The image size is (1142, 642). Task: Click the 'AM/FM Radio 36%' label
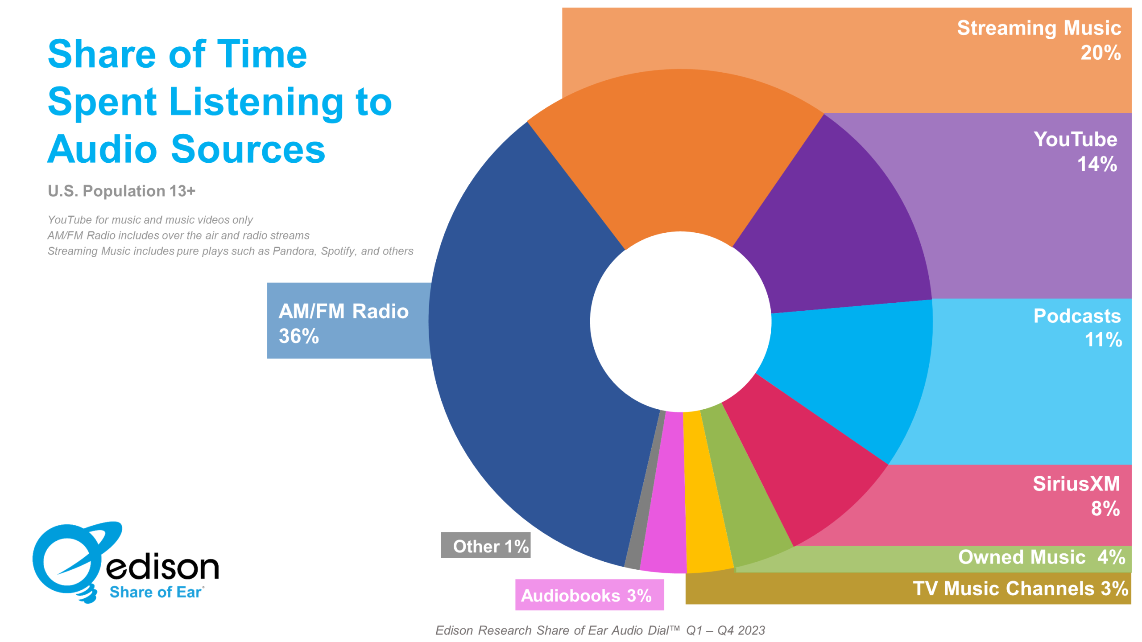(x=343, y=323)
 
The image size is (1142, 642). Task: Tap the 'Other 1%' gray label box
(x=485, y=545)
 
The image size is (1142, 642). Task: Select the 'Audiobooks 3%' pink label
(x=589, y=595)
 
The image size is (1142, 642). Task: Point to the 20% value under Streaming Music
(x=1100, y=53)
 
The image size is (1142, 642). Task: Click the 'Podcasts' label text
(x=1077, y=316)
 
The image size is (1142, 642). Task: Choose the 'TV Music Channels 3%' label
(x=1021, y=588)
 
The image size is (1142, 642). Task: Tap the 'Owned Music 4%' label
(x=1042, y=557)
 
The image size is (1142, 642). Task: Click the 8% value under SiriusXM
(x=1105, y=508)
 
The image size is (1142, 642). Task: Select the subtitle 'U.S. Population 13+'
(x=121, y=191)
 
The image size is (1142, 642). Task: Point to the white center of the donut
(x=680, y=321)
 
